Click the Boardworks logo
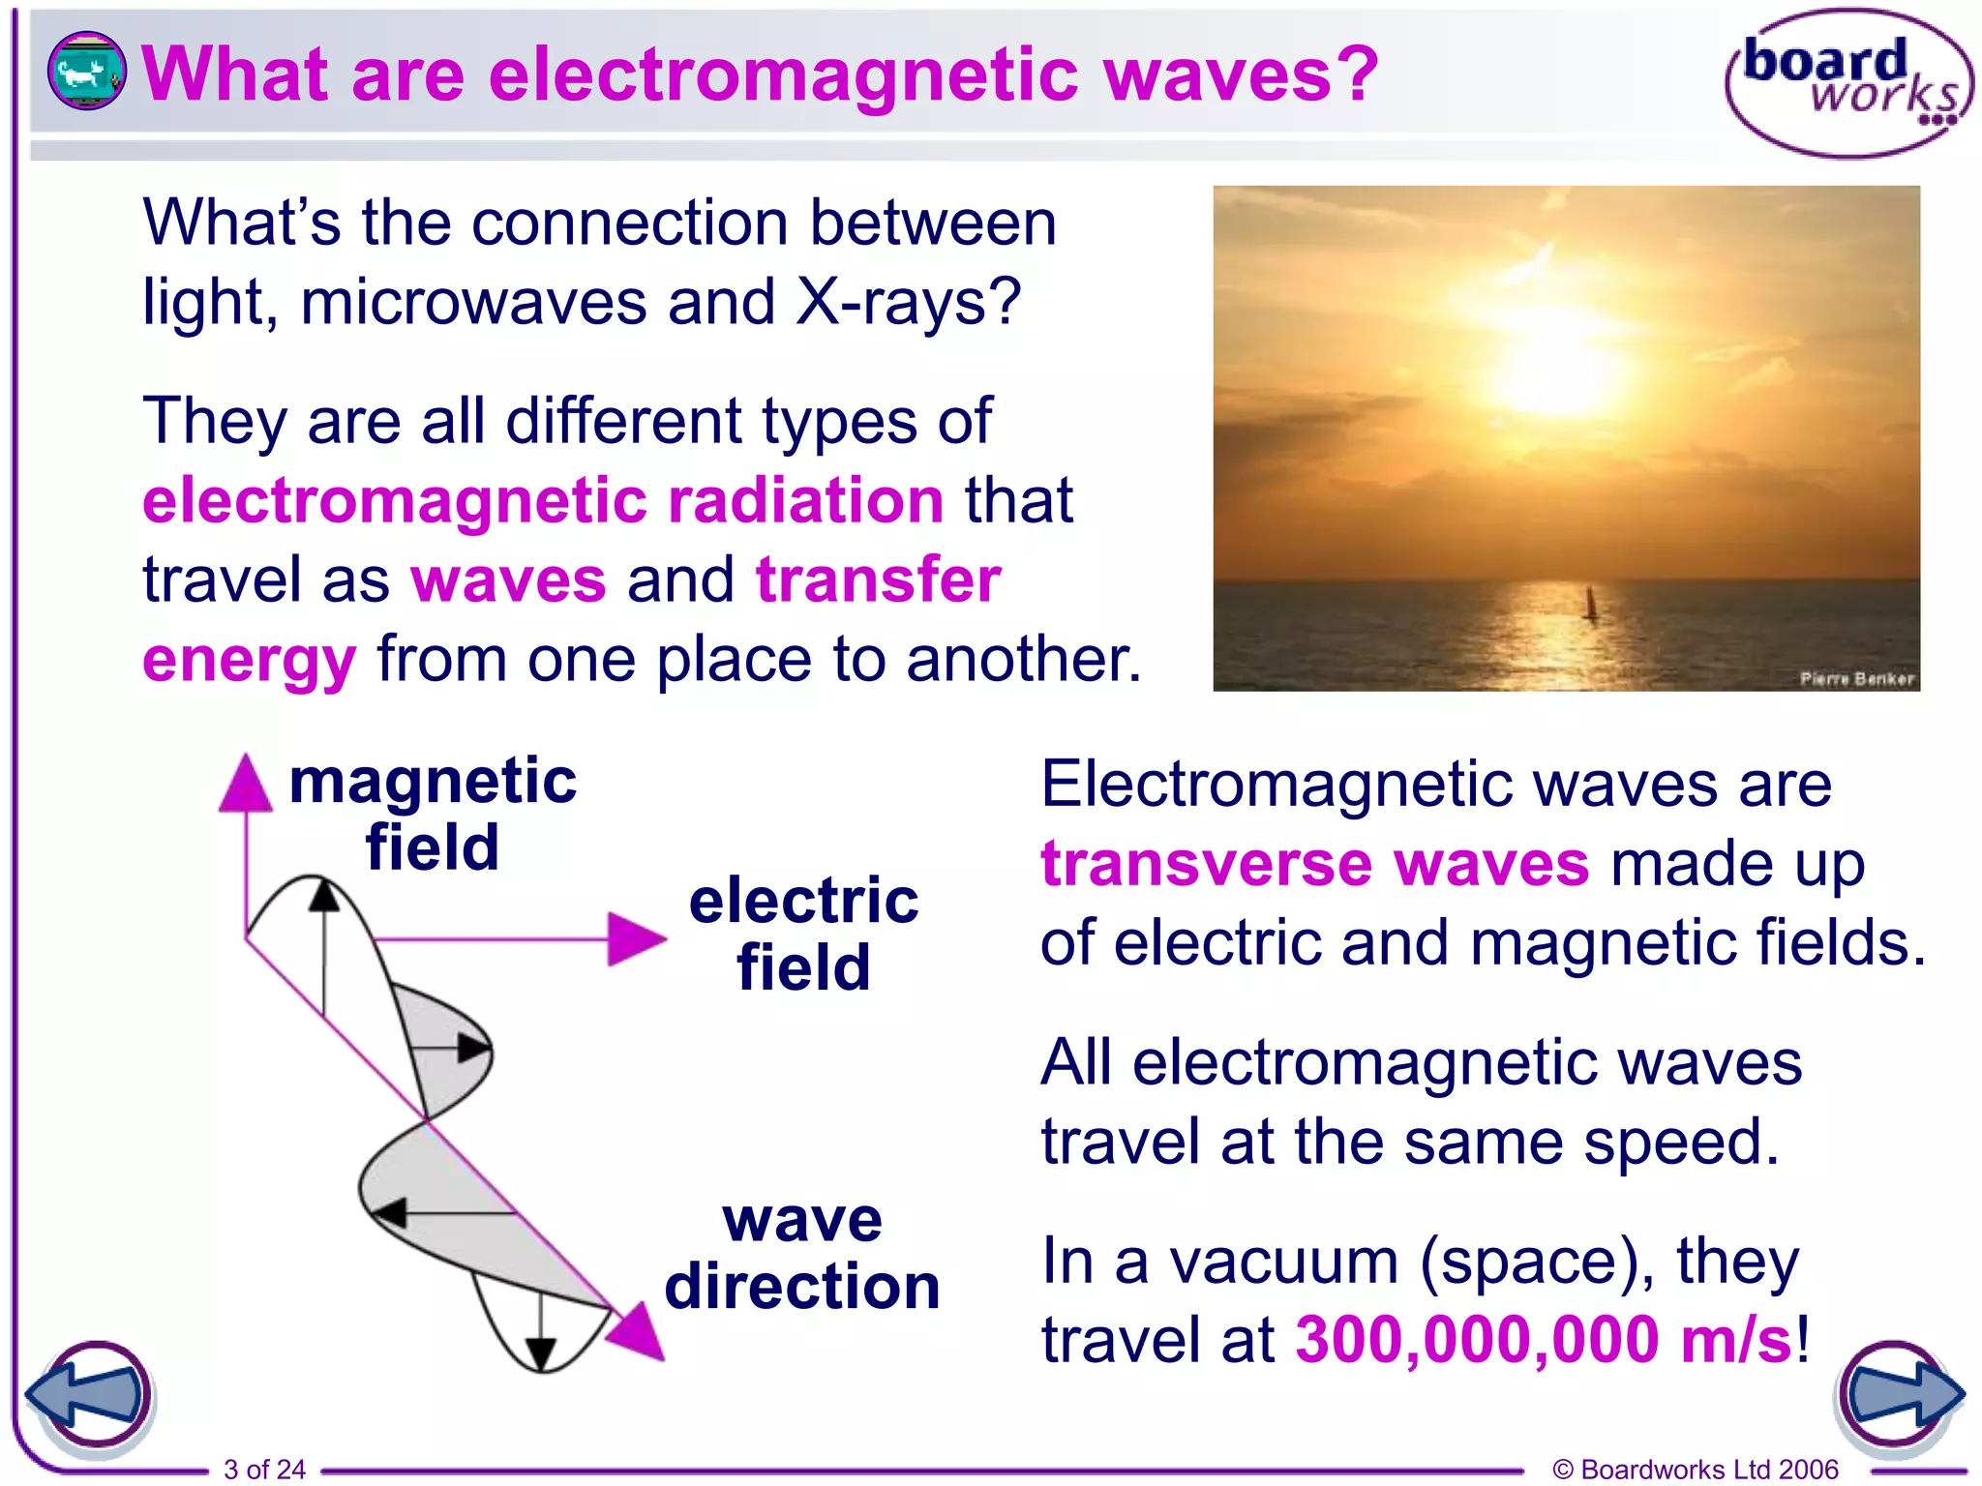coord(1847,84)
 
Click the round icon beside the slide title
coord(86,70)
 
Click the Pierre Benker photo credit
coord(1855,679)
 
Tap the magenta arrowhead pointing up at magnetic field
coord(245,784)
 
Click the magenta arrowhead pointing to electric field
coord(635,938)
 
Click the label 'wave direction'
coord(802,1253)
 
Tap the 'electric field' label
coord(803,934)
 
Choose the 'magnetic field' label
coord(433,813)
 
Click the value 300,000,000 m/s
coord(1544,1340)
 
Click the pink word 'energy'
coord(249,660)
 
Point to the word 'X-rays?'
coord(908,302)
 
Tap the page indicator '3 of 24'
coord(264,1469)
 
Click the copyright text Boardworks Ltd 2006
coord(1695,1469)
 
